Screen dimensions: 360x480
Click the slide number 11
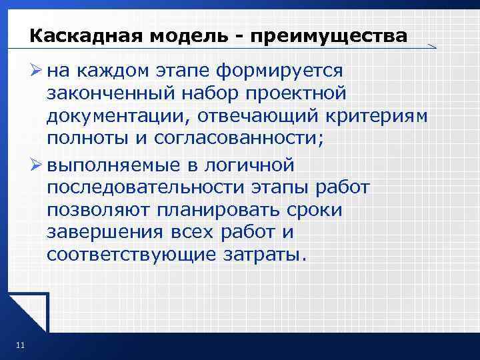pos(19,345)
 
